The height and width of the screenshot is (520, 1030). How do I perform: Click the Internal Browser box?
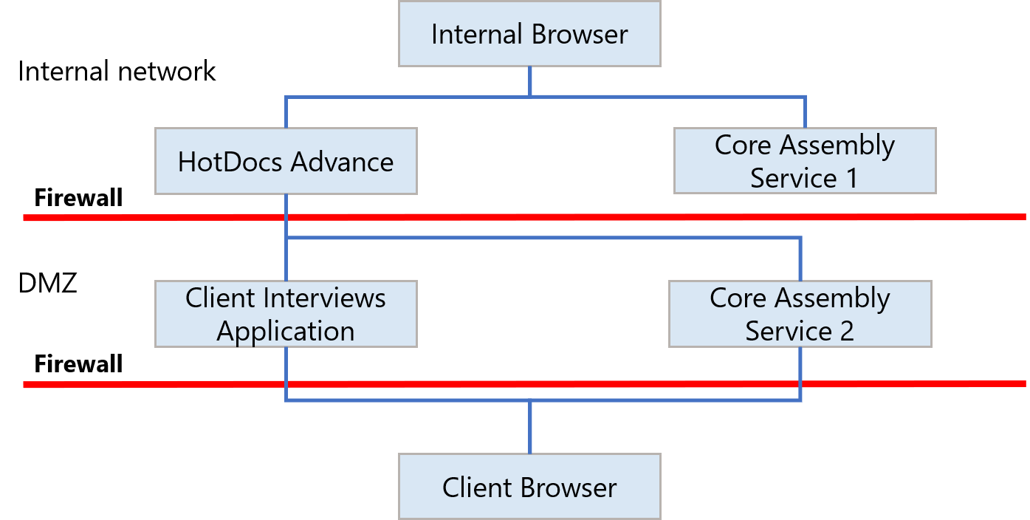pos(529,34)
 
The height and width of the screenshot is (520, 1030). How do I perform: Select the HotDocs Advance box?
pos(286,161)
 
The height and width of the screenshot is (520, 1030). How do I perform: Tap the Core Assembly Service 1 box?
pos(805,161)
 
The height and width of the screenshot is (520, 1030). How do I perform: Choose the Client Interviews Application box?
pos(286,314)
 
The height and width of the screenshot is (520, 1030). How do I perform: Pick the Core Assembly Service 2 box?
pos(800,314)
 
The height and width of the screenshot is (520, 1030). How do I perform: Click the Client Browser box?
pos(529,487)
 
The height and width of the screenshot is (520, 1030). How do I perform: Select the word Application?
pos(286,331)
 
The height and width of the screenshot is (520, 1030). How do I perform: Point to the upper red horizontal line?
pos(591,217)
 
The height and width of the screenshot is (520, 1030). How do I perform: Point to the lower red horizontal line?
pos(591,384)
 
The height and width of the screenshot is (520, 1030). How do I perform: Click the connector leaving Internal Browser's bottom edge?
pos(529,81)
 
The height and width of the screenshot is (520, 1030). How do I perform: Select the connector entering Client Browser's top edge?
pos(529,428)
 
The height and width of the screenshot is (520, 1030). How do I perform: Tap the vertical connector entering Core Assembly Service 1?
pos(805,112)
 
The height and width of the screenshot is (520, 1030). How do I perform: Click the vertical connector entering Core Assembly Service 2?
pos(800,259)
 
